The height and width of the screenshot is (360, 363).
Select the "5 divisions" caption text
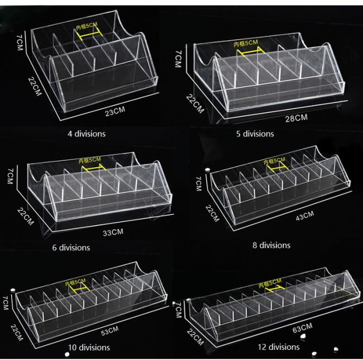(255, 134)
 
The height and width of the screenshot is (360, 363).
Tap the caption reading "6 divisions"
(71, 247)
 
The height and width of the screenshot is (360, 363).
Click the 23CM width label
(114, 112)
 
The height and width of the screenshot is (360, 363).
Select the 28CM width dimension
(296, 117)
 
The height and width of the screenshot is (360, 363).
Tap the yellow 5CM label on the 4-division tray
(87, 27)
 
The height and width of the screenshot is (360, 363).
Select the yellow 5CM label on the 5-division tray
(246, 43)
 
